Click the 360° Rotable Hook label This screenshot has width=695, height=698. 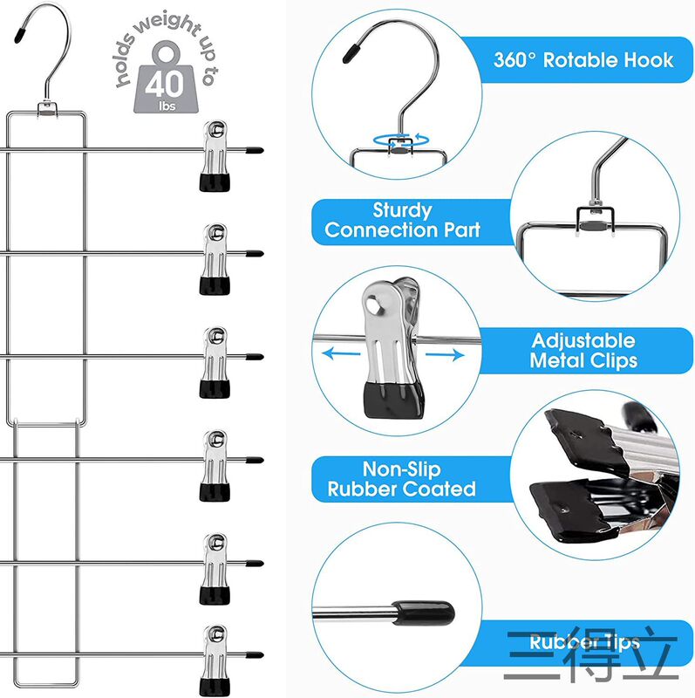[583, 60]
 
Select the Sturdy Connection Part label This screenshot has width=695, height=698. [402, 220]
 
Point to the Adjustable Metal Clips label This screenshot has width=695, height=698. [583, 350]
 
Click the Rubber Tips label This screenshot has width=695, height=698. [583, 643]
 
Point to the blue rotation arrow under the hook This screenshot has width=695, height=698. [400, 140]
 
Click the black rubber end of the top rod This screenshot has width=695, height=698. [254, 150]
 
